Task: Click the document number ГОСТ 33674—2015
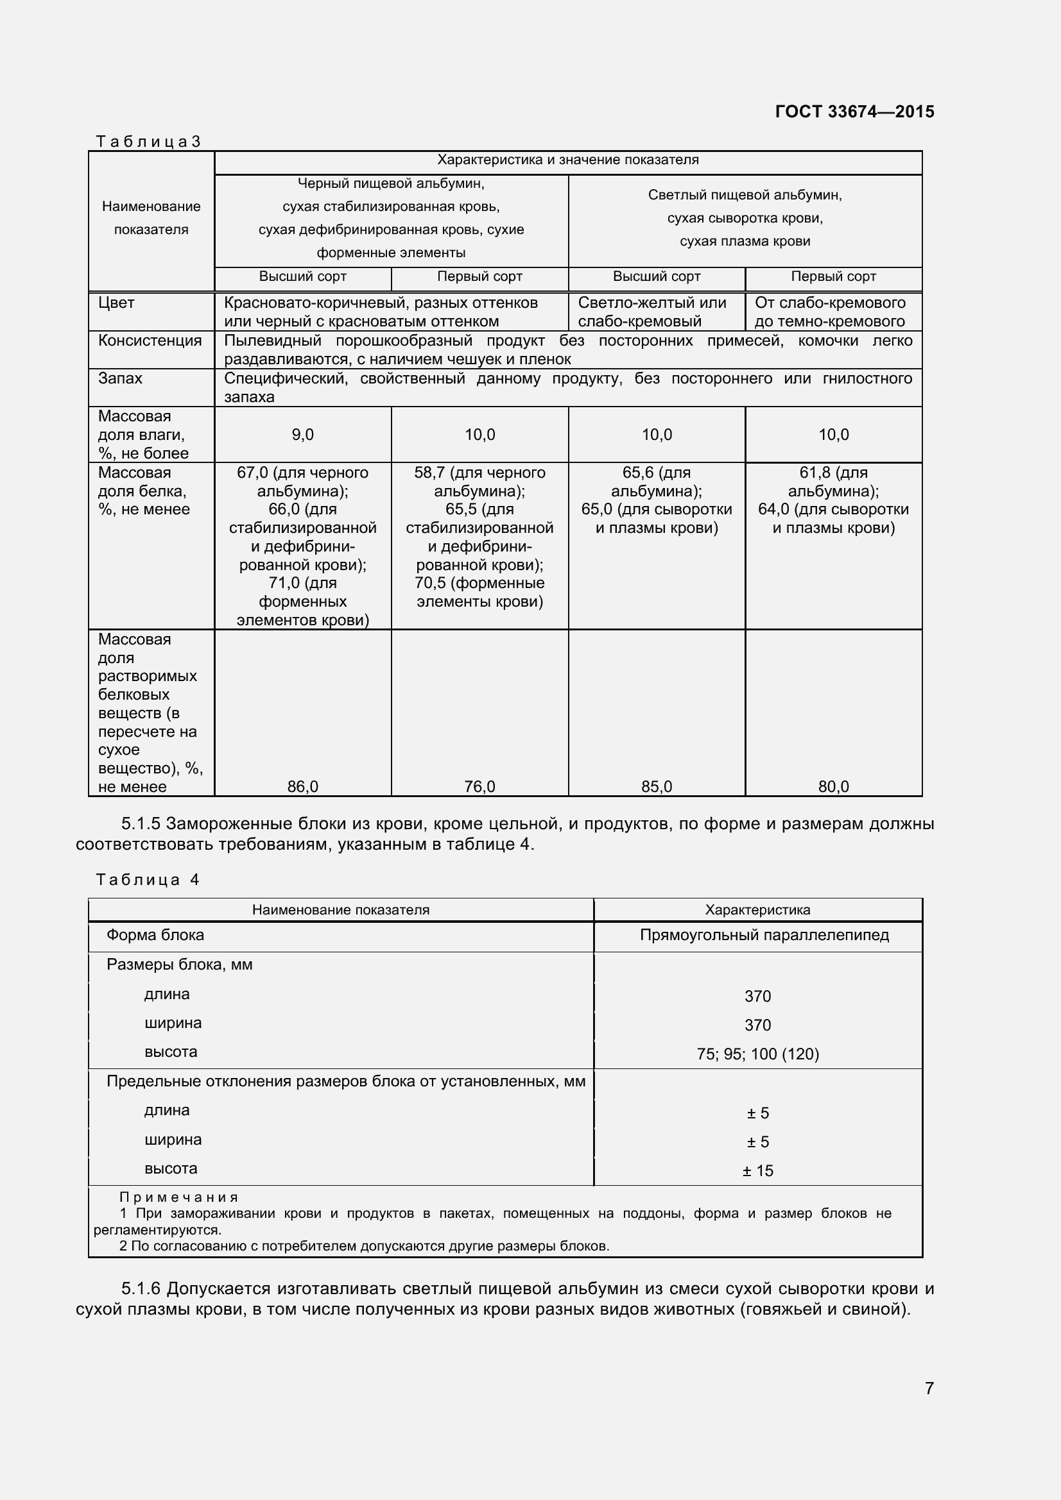click(x=854, y=112)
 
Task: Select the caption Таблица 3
click(x=148, y=142)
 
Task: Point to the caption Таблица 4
click(x=148, y=880)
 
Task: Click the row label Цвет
click(x=116, y=303)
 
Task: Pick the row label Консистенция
click(x=150, y=341)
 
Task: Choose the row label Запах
click(x=120, y=379)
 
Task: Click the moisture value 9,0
click(x=303, y=435)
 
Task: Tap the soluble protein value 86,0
click(x=303, y=787)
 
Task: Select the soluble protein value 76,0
click(x=480, y=787)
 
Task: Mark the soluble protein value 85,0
click(x=657, y=787)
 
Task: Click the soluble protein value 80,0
click(x=834, y=787)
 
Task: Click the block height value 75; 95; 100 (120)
click(x=757, y=1054)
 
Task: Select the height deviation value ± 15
click(x=757, y=1171)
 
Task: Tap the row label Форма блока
click(x=155, y=936)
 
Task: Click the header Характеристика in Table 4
click(x=757, y=910)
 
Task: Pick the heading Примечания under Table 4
click(x=178, y=1197)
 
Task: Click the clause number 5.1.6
click(x=141, y=1289)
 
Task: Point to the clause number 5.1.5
click(x=141, y=825)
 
